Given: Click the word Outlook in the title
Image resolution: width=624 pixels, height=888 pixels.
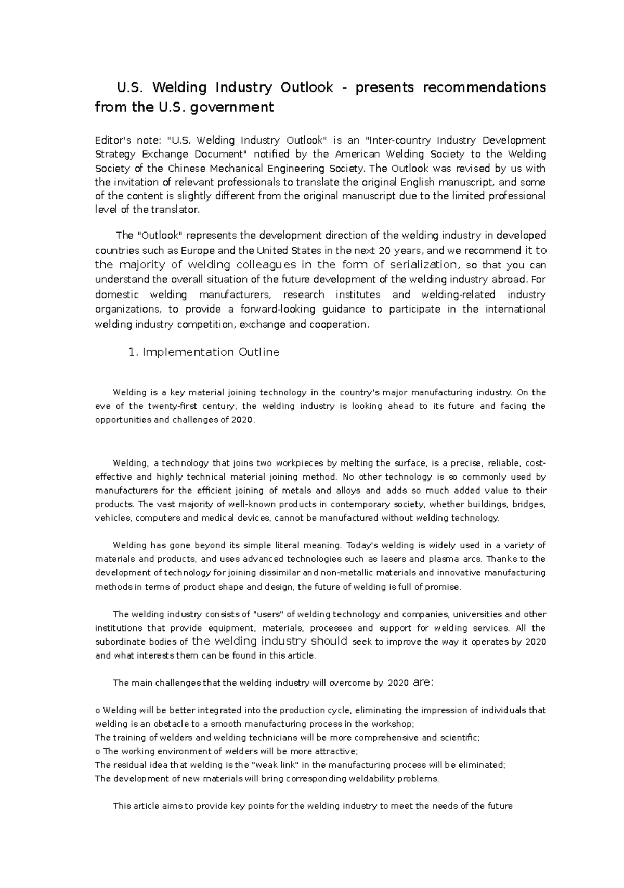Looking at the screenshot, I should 307,87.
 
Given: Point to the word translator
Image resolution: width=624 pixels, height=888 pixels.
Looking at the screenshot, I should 179,210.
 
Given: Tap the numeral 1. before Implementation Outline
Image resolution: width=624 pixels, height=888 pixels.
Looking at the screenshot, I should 133,352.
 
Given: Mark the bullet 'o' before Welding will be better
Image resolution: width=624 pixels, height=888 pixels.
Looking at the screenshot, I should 98,711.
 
